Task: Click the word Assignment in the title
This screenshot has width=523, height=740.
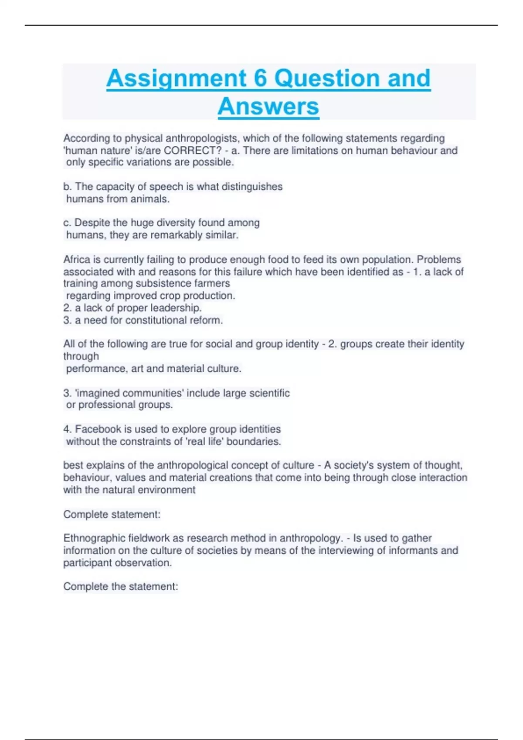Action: pyautogui.click(x=177, y=78)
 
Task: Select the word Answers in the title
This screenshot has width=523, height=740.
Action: pyautogui.click(x=268, y=106)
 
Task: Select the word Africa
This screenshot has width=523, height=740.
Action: pyautogui.click(x=76, y=259)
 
